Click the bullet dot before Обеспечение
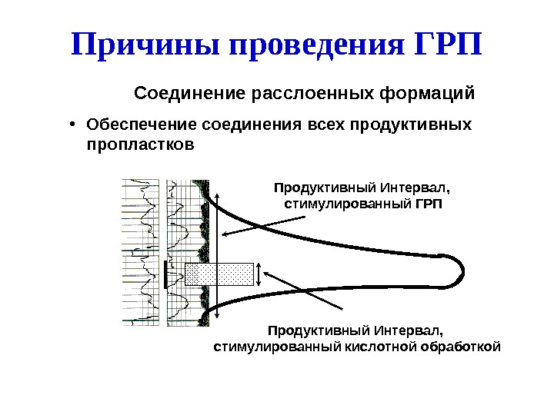[x=71, y=124]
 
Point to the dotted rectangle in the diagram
[x=219, y=274]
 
